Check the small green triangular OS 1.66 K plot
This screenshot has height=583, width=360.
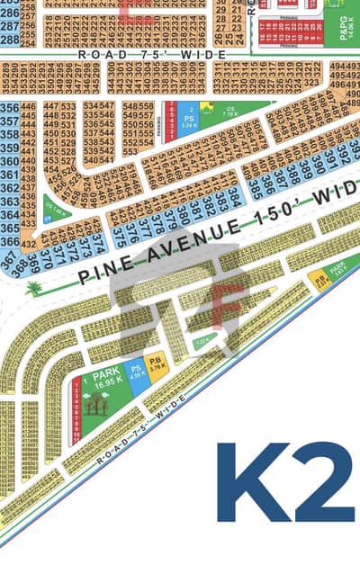coord(58,212)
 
